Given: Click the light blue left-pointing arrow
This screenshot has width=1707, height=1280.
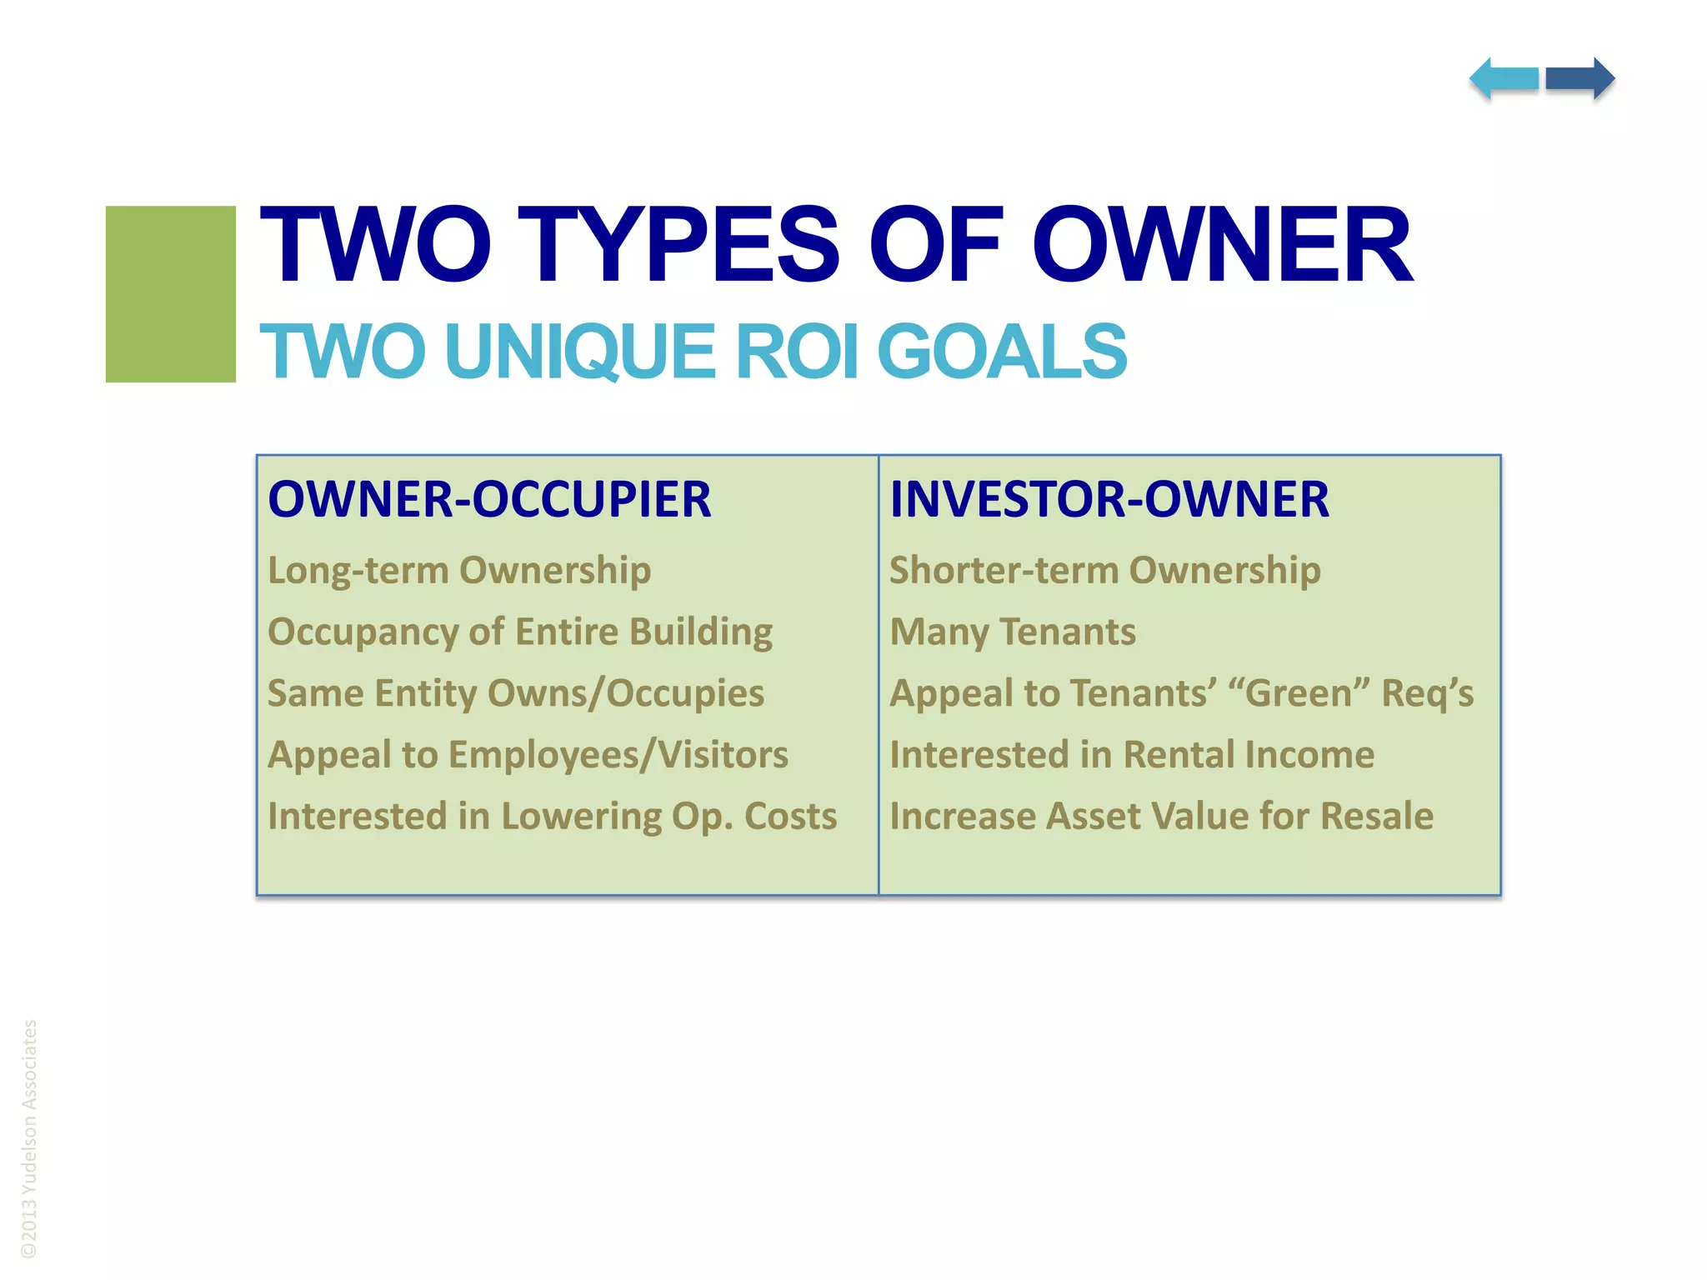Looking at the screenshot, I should (x=1504, y=79).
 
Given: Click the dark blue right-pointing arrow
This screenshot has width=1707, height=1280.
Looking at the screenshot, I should (x=1580, y=79).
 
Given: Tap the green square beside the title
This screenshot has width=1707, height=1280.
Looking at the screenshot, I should (x=170, y=293).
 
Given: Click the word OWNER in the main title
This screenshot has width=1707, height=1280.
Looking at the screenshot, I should (x=1222, y=246).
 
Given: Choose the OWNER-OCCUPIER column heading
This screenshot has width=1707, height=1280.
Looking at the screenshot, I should (x=489, y=500).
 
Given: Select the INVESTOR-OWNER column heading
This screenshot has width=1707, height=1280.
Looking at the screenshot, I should (x=1109, y=500).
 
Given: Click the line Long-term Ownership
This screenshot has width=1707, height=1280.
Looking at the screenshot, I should (x=459, y=572).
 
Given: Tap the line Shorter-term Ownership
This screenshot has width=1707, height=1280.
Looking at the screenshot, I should (x=1105, y=572).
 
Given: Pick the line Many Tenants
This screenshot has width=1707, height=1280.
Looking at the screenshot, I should (x=1013, y=632).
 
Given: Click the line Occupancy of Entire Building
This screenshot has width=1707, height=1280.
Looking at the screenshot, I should (x=520, y=632).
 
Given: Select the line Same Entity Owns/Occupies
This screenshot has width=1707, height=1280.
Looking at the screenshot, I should (x=516, y=693).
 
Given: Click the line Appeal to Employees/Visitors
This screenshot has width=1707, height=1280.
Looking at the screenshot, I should (x=528, y=755).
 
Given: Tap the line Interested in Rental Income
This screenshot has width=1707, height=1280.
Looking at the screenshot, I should (x=1132, y=755).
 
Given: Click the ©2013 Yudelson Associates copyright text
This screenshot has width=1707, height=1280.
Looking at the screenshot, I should (x=29, y=1138).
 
